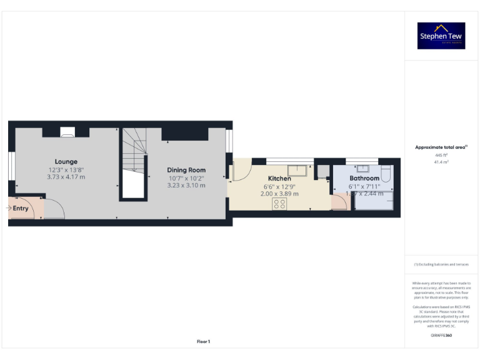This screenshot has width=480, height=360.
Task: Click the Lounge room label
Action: [66, 162]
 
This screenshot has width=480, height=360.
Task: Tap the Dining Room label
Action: [186, 170]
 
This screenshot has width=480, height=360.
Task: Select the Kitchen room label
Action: [279, 179]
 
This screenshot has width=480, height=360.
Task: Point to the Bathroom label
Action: [364, 179]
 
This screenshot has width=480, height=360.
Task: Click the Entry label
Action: [21, 208]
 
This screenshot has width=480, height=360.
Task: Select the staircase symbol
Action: [134, 150]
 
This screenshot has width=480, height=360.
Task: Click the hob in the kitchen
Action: [280, 204]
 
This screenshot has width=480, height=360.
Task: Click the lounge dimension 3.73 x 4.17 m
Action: [66, 177]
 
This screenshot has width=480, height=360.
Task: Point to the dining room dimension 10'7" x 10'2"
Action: [186, 177]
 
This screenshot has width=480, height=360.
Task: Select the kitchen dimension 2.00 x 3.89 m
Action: [279, 194]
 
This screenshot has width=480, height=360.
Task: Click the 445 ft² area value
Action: [441, 155]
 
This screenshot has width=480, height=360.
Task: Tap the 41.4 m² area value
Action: [441, 161]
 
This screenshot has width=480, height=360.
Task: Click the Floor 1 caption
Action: [204, 341]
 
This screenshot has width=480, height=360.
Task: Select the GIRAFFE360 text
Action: [441, 336]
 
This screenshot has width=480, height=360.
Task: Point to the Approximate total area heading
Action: [441, 147]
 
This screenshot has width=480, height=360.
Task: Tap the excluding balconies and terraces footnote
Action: [441, 264]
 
